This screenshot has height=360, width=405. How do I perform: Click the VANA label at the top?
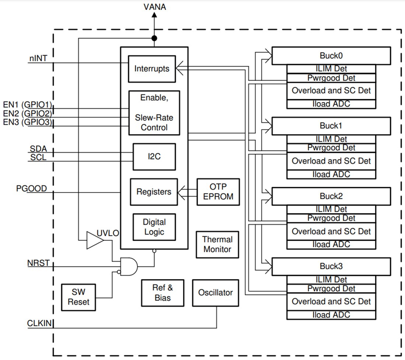click(x=154, y=7)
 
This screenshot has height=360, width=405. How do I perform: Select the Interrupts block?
click(x=152, y=69)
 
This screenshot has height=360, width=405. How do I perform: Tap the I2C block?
click(x=154, y=157)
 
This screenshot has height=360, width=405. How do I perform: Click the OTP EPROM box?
click(x=218, y=192)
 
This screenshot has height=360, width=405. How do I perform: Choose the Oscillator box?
click(x=215, y=293)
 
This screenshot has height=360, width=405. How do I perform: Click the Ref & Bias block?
click(x=162, y=293)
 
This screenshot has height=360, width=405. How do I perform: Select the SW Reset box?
click(x=78, y=297)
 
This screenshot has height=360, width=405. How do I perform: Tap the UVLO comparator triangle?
click(x=94, y=240)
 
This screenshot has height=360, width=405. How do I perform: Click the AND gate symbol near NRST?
click(x=128, y=266)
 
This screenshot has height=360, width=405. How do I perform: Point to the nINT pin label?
click(x=38, y=58)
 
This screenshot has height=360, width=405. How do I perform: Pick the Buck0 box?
click(x=331, y=56)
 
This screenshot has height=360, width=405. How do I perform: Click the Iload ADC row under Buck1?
click(x=331, y=174)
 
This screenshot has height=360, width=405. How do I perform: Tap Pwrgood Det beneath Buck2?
click(x=331, y=218)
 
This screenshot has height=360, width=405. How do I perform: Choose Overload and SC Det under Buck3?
click(x=331, y=301)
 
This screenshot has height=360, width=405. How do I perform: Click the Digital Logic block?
click(x=154, y=227)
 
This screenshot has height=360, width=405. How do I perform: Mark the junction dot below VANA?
click(x=154, y=38)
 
